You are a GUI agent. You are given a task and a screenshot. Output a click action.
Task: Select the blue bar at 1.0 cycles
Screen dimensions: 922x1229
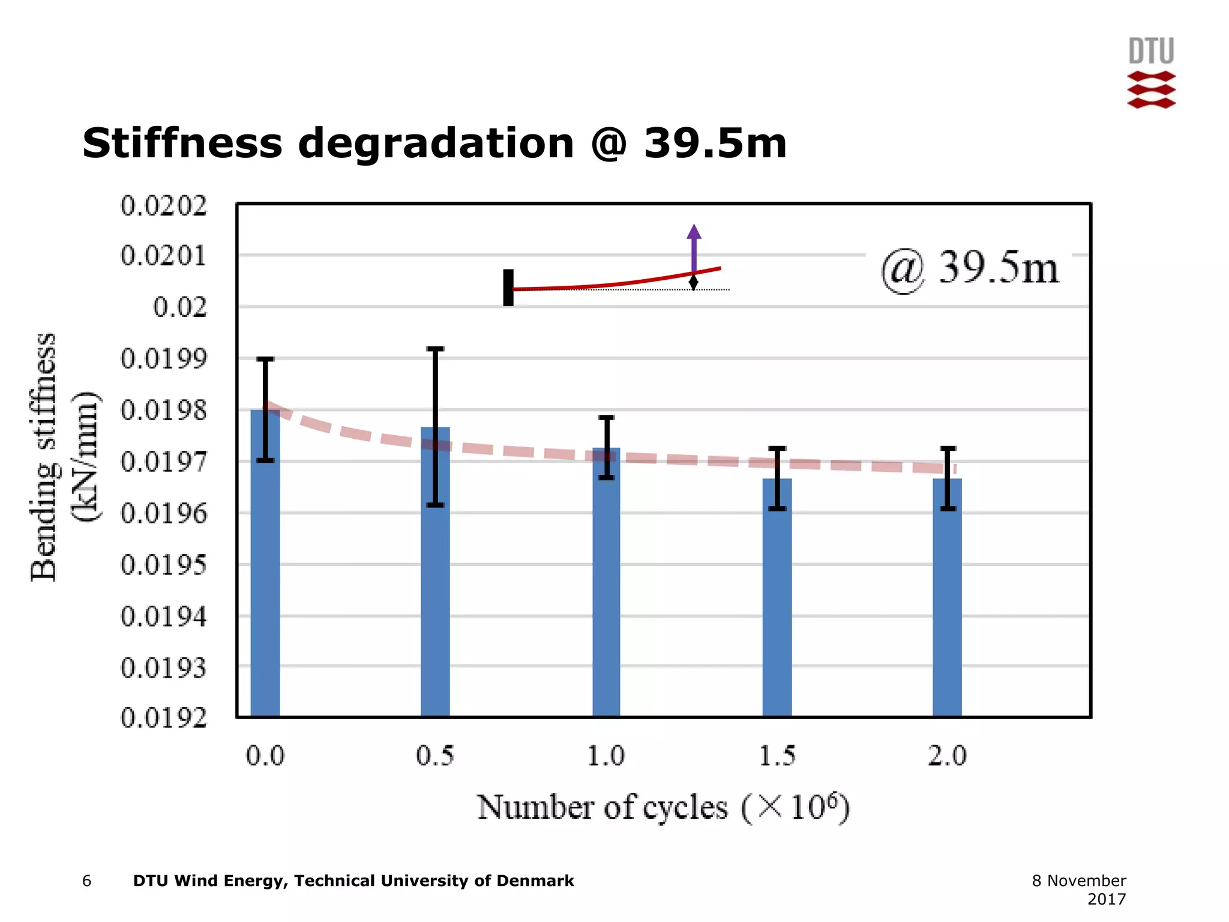[x=606, y=594]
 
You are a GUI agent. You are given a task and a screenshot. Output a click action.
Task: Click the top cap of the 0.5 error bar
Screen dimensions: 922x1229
[x=435, y=349]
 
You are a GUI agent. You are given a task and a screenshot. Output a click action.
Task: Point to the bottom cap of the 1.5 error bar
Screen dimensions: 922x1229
[x=777, y=508]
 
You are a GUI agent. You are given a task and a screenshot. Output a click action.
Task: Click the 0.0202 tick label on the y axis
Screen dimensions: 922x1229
[x=163, y=206]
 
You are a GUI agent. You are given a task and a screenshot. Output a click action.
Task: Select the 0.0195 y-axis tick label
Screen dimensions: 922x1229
[x=163, y=565]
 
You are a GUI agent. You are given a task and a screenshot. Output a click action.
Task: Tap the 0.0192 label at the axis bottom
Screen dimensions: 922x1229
[x=163, y=717]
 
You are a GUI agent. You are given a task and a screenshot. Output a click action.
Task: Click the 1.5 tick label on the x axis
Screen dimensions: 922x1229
[x=777, y=756]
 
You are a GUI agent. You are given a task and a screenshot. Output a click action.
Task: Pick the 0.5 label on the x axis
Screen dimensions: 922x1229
[x=435, y=756]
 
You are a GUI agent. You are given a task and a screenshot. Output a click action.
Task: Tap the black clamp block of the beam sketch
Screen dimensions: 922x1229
[x=508, y=288]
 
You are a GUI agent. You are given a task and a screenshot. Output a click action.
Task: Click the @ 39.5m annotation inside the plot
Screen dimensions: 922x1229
[x=969, y=269]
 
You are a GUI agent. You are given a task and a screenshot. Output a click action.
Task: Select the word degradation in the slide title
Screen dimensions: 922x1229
[x=436, y=144]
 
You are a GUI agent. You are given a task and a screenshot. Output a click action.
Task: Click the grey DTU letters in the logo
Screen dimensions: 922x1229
[x=1151, y=52]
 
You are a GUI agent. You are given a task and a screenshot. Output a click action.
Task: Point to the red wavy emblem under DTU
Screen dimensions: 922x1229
[x=1151, y=90]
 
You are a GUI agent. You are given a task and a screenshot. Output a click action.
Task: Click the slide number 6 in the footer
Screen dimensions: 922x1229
[x=87, y=881]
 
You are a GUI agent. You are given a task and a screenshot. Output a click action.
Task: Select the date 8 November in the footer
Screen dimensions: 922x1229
[x=1078, y=881]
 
